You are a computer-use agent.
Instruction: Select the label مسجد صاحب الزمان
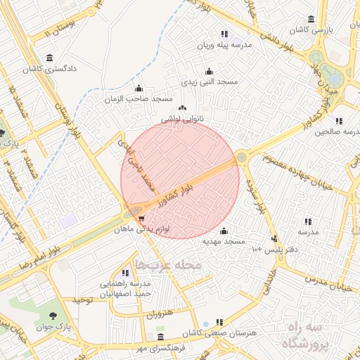[x=129, y=98]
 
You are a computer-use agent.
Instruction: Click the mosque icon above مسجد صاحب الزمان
[x=138, y=89]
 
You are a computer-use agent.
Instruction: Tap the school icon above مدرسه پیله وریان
[x=224, y=34]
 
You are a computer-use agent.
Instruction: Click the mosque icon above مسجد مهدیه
[x=224, y=231]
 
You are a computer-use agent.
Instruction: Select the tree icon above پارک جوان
[x=54, y=314]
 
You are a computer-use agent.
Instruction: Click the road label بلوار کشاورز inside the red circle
[x=184, y=191]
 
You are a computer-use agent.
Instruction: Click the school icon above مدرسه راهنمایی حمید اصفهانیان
[x=126, y=273]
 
